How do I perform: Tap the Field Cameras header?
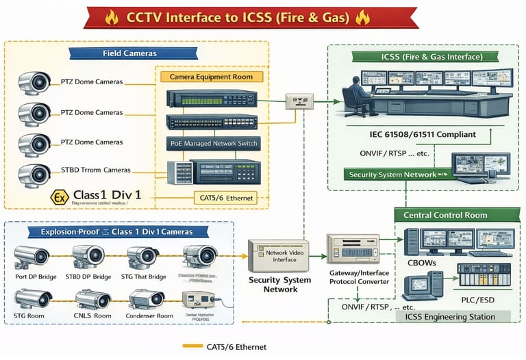coord(129,53)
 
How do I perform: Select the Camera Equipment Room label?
coord(210,77)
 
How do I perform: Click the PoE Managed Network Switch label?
coord(213,143)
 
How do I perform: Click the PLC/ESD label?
coord(484,299)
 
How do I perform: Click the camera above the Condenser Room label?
coord(147,299)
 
